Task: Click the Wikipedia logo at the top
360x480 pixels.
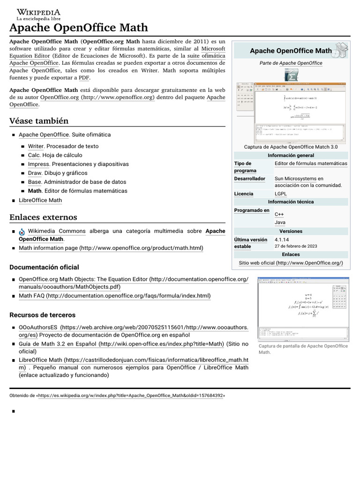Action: pos(38,14)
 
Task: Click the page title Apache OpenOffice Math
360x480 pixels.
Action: pos(79,28)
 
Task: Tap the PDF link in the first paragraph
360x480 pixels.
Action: pos(84,77)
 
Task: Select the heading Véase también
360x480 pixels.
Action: pos(39,120)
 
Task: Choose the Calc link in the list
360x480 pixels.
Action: pos(34,155)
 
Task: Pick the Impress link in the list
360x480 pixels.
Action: pos(38,164)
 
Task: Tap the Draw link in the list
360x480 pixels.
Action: pos(35,173)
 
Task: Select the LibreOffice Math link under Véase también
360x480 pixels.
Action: pos(40,200)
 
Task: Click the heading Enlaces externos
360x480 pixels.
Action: pos(43,217)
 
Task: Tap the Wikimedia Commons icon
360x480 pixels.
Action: pos(22,232)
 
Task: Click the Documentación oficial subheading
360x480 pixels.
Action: pos(44,267)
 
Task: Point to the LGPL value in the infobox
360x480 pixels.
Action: pos(281,194)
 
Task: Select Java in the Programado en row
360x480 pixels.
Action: pos(280,222)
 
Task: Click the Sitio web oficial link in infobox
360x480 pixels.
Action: pos(291,263)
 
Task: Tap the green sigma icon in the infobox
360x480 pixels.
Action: pos(291,75)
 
